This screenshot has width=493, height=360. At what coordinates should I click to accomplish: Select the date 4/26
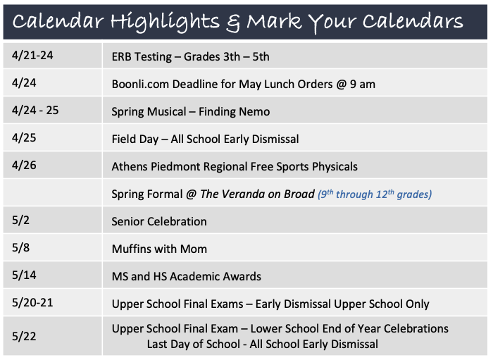coord(24,165)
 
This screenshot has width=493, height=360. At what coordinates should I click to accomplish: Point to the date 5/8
coord(20,247)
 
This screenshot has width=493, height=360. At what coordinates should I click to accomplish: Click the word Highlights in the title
coord(165,22)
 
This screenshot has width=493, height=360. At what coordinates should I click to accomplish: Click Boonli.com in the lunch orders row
coord(140,85)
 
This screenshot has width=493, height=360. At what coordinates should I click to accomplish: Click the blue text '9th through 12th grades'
coord(375,194)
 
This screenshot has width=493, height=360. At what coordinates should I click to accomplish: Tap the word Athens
coord(130,167)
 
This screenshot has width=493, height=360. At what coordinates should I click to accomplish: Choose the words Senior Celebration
coord(159,222)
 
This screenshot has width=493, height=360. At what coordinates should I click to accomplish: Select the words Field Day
coord(135,139)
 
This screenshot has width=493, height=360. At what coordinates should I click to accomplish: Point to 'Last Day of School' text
coord(194,345)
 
